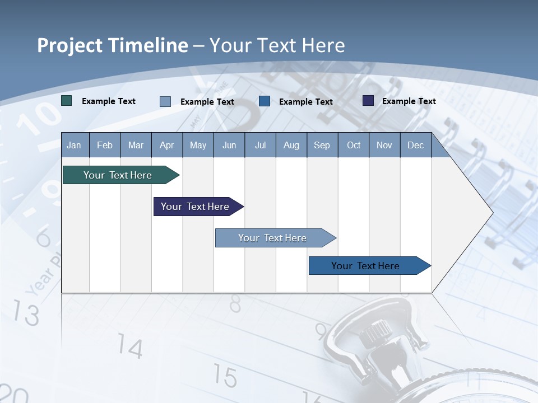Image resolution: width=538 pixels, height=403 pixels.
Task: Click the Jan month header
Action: pyautogui.click(x=74, y=145)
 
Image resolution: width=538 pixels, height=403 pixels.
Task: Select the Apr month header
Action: pyautogui.click(x=166, y=145)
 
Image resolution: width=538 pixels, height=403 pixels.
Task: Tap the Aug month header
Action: pyautogui.click(x=291, y=145)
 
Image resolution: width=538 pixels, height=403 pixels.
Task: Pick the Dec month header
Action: pyautogui.click(x=415, y=145)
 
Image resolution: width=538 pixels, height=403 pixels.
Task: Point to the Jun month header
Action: pyautogui.click(x=229, y=145)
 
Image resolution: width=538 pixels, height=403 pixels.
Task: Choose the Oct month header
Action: pyautogui.click(x=353, y=145)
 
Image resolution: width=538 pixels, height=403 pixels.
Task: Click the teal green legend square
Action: pyautogui.click(x=67, y=101)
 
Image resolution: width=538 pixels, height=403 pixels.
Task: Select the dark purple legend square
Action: pyautogui.click(x=368, y=101)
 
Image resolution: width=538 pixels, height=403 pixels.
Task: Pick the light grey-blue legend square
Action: pyautogui.click(x=165, y=101)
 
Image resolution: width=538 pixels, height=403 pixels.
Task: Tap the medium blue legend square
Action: pyautogui.click(x=265, y=101)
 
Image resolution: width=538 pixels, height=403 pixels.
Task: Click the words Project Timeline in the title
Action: pyautogui.click(x=112, y=45)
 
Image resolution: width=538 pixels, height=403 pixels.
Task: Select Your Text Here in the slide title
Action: pyautogui.click(x=277, y=45)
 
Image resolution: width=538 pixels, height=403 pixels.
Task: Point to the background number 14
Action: pyautogui.click(x=131, y=348)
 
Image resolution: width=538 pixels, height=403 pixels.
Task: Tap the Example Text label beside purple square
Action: pyautogui.click(x=409, y=101)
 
